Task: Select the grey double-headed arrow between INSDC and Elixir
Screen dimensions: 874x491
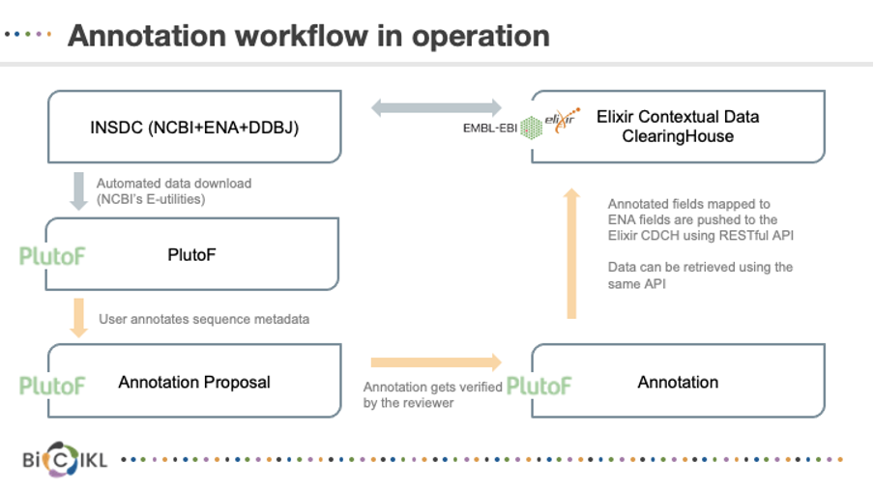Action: click(x=436, y=107)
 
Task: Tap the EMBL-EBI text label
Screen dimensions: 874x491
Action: click(x=490, y=129)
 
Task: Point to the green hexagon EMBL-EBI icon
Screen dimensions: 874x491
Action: click(x=531, y=128)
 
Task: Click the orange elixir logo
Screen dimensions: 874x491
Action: click(x=562, y=119)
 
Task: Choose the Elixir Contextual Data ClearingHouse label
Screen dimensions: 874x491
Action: click(x=678, y=126)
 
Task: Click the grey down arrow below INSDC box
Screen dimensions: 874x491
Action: click(x=78, y=191)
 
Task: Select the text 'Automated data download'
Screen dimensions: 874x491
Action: click(x=174, y=184)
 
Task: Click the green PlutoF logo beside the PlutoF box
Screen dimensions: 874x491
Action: click(x=52, y=256)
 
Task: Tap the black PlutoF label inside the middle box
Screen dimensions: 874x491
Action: click(x=191, y=255)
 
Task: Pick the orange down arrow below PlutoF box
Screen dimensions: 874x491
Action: click(x=78, y=318)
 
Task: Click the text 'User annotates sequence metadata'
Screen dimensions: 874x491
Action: click(x=204, y=319)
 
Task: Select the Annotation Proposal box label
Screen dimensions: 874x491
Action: click(x=194, y=382)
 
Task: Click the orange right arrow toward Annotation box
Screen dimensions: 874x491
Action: click(x=436, y=362)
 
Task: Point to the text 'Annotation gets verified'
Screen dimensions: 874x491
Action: click(x=432, y=387)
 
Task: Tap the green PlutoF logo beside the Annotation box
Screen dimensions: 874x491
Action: click(x=539, y=386)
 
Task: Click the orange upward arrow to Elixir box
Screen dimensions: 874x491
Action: click(x=571, y=253)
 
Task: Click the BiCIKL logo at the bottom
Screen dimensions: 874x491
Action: click(x=65, y=460)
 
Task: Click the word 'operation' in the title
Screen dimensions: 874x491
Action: click(x=481, y=36)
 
